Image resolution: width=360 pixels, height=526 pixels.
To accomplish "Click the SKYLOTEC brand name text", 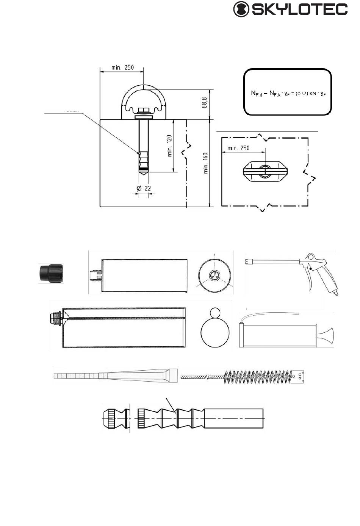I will click(x=299, y=9).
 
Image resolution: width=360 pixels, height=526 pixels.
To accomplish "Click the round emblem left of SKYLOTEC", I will click(x=241, y=9).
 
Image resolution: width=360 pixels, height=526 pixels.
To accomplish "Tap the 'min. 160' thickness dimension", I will click(x=206, y=163).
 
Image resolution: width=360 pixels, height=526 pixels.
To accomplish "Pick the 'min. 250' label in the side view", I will click(x=122, y=67).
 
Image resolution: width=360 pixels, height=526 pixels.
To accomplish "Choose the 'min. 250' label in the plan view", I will click(x=238, y=148).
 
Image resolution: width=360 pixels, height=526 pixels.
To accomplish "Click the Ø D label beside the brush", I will click(x=299, y=376).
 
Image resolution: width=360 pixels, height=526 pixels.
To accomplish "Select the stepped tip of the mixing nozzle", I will click(x=76, y=376).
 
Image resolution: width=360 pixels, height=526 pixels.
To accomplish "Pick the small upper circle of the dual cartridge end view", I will click(x=214, y=313).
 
